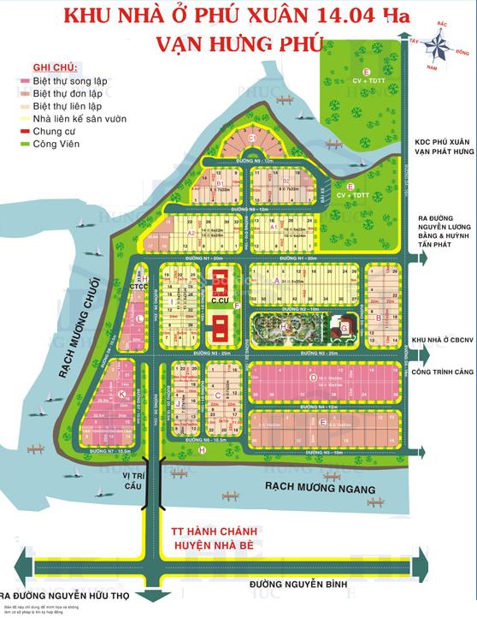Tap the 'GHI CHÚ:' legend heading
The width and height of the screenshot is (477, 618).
[x=54, y=67]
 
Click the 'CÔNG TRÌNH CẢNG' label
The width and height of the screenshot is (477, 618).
[x=443, y=373]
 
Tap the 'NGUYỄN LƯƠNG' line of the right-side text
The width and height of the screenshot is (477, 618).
[x=443, y=229]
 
